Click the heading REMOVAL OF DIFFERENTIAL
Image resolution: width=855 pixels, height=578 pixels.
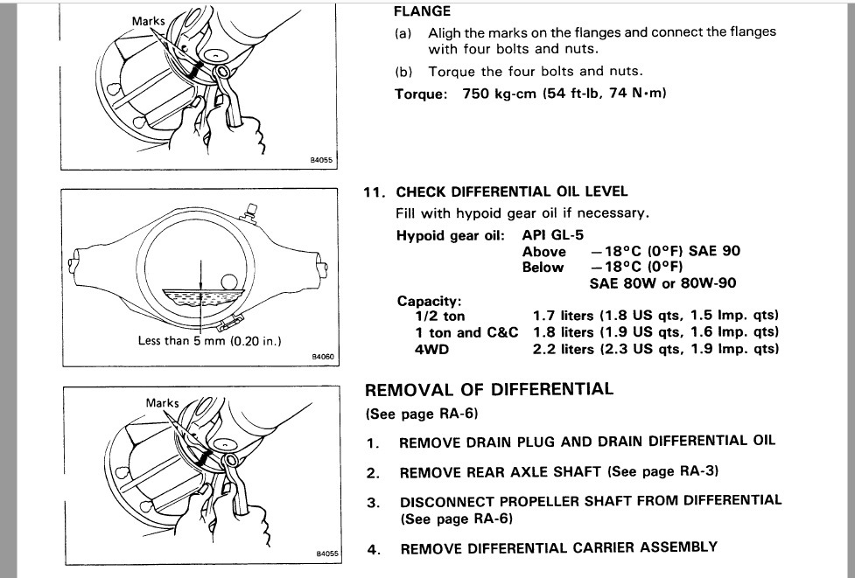[489, 389]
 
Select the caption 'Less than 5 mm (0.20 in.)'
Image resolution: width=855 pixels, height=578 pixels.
[209, 340]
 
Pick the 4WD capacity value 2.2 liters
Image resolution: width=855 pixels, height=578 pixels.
[564, 348]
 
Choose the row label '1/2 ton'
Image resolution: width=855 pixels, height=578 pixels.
[442, 316]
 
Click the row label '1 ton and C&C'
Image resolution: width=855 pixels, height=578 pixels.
[466, 332]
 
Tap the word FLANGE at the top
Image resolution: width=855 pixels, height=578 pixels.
[423, 11]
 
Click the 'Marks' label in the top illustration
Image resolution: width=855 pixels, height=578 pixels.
[148, 20]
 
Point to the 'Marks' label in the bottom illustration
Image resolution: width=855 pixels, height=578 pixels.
[162, 403]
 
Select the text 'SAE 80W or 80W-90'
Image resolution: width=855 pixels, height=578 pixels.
[664, 283]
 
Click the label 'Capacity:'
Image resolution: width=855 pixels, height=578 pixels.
[429, 300]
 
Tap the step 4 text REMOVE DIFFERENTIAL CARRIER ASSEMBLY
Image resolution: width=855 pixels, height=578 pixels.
[558, 548]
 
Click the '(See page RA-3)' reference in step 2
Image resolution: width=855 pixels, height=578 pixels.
[663, 471]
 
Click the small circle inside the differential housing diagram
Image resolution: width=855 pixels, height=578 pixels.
[229, 282]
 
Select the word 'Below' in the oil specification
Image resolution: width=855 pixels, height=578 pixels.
[543, 268]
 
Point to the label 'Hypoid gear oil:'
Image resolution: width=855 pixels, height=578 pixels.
[451, 235]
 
